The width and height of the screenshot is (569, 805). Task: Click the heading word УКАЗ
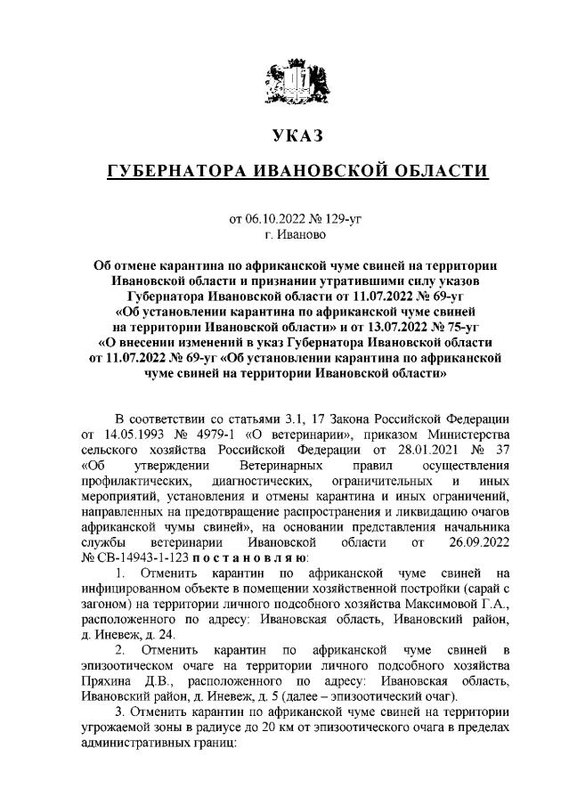pos(296,136)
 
